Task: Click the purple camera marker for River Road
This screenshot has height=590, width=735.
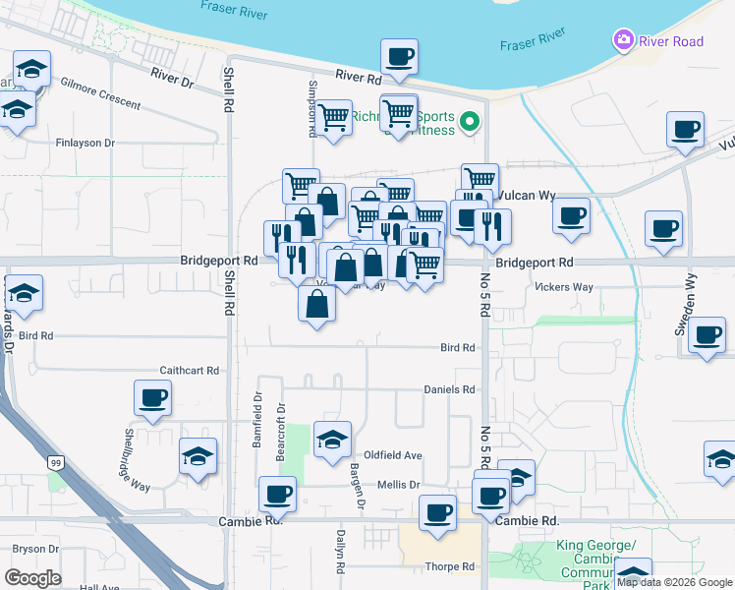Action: pos(622,41)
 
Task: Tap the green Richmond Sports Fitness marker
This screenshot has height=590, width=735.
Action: pos(470,123)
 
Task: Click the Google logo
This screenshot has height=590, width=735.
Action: pos(32,578)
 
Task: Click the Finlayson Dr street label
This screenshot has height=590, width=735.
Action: pos(85,143)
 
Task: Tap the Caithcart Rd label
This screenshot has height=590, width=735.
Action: pos(189,371)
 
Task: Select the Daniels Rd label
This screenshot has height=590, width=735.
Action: pos(449,389)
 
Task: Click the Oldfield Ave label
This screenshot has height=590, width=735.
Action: pos(393,455)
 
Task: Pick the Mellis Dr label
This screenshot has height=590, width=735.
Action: pos(400,485)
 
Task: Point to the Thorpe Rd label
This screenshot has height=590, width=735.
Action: pos(450,566)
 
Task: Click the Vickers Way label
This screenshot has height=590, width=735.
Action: pos(564,287)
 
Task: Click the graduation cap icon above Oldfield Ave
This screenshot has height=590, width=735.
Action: pos(332,438)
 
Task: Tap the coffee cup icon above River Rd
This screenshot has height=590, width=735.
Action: pos(399,56)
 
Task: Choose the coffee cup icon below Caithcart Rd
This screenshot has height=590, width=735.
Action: pos(153,398)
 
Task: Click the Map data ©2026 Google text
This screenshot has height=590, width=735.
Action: pos(674,582)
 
